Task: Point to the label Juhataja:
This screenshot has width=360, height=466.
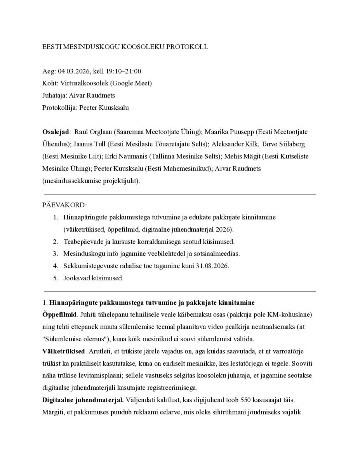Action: (54, 95)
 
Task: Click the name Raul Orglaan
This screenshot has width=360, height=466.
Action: (92, 132)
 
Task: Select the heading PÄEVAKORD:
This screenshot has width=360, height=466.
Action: (64, 205)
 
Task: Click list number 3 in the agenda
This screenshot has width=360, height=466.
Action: (56, 254)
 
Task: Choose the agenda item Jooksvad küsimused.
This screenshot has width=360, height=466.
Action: (94, 278)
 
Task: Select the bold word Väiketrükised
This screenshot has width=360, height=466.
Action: (64, 351)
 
